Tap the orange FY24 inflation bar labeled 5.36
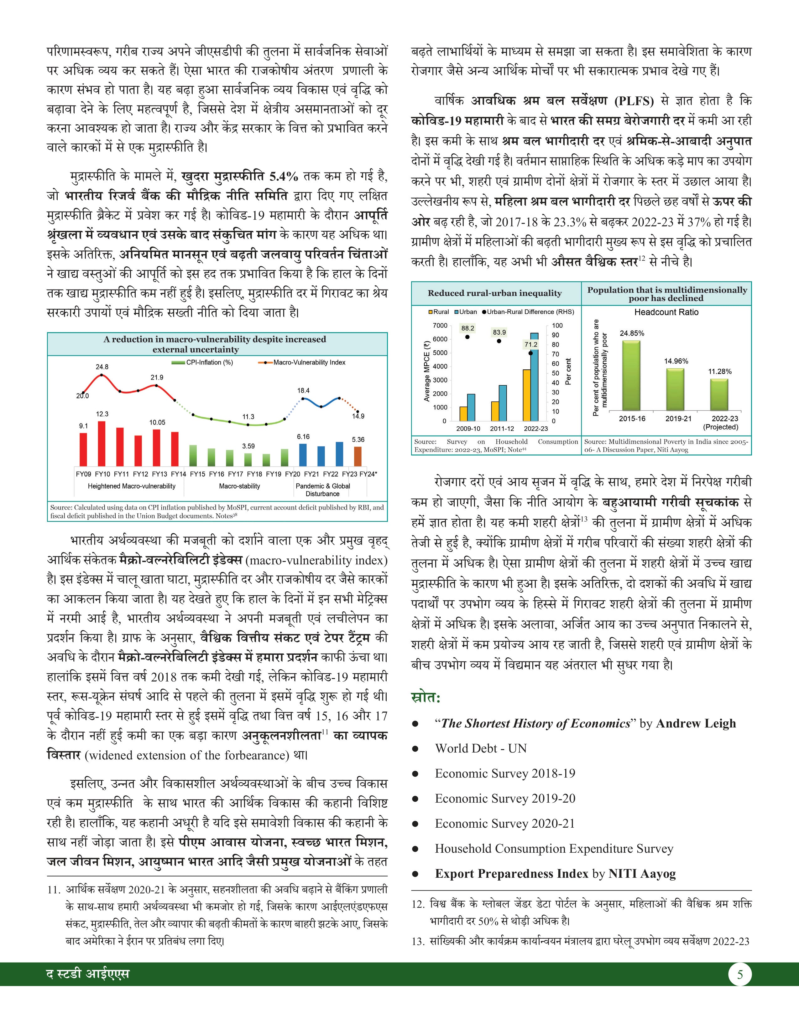(x=358, y=456)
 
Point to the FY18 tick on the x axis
(x=255, y=473)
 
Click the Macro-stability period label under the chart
(x=239, y=486)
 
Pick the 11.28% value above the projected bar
(x=719, y=371)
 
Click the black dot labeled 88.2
(x=468, y=337)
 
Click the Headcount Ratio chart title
(x=666, y=312)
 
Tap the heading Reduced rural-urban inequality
(x=495, y=293)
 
